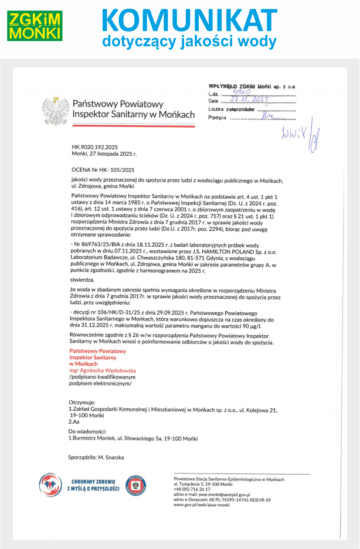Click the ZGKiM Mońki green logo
tap(35, 25)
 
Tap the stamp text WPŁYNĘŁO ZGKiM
tap(236, 86)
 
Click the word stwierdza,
tap(81, 281)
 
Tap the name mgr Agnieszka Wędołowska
tap(102, 370)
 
